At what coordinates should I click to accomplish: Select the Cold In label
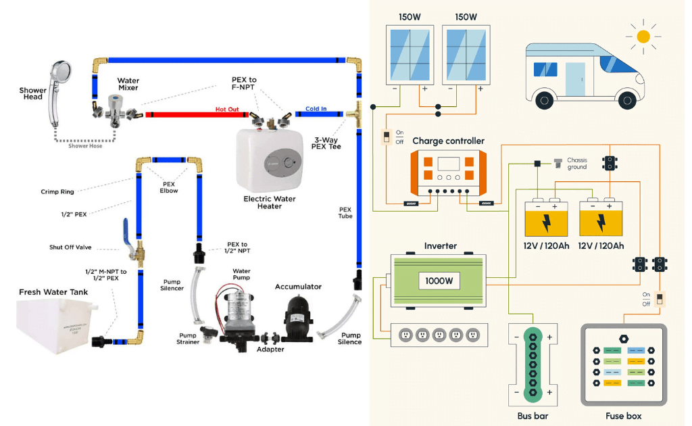click(316, 108)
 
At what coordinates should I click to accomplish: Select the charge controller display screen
click(448, 164)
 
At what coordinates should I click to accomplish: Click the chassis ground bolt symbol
click(558, 163)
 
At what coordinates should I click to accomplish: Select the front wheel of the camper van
click(628, 100)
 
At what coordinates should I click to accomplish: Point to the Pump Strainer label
click(188, 338)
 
